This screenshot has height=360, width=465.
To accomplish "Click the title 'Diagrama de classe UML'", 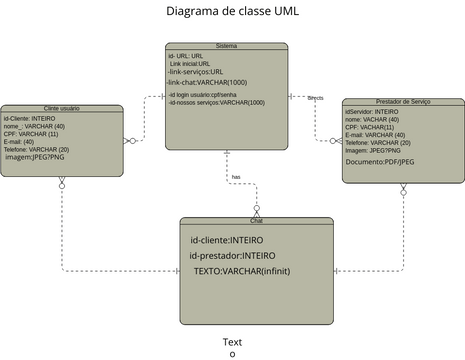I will [x=232, y=11].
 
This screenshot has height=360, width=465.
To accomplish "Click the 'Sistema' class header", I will [x=226, y=46].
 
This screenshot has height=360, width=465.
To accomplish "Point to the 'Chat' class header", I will [x=256, y=221].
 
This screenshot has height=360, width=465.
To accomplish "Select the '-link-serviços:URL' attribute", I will [x=196, y=72].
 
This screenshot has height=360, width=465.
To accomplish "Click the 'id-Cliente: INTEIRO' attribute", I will [x=30, y=118].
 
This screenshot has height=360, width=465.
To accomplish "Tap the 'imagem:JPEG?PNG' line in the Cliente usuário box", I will [x=36, y=157].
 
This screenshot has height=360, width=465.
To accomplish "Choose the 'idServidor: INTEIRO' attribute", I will [x=371, y=112].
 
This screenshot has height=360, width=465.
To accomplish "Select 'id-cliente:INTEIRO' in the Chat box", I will [x=226, y=240].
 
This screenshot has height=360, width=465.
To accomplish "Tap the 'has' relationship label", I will [x=236, y=177].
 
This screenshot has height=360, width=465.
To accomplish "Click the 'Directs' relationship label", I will [x=315, y=98].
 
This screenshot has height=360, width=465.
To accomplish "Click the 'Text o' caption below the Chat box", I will [x=232, y=347].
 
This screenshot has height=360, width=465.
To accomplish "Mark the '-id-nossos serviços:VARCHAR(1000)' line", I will [x=216, y=102].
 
